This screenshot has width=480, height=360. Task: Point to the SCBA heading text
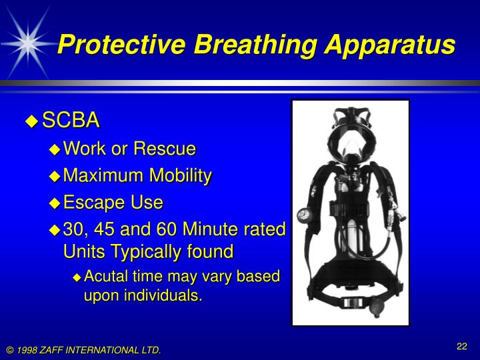click(71, 121)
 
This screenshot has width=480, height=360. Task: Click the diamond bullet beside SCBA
click(31, 121)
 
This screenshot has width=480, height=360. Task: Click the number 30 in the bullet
click(73, 229)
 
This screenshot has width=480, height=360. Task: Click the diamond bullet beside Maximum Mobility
click(55, 176)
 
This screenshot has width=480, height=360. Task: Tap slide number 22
click(461, 345)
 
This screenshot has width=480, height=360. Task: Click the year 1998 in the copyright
click(29, 350)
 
